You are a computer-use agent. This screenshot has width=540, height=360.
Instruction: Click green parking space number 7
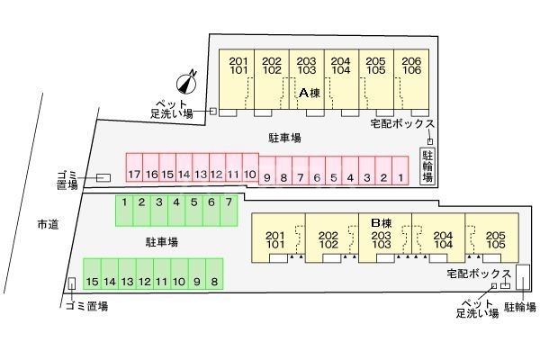pos(229,209)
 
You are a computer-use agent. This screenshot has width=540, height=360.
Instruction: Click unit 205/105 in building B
pos(492,238)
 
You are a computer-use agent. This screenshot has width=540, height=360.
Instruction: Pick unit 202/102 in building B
pos(328,238)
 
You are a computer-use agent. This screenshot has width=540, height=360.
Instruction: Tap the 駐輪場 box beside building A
pos(428,166)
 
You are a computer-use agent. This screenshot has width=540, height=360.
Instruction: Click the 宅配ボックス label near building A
pos(402,123)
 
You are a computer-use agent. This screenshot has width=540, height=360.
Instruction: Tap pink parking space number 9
pos(267,177)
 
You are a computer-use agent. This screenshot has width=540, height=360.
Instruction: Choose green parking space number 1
pos(124,209)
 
